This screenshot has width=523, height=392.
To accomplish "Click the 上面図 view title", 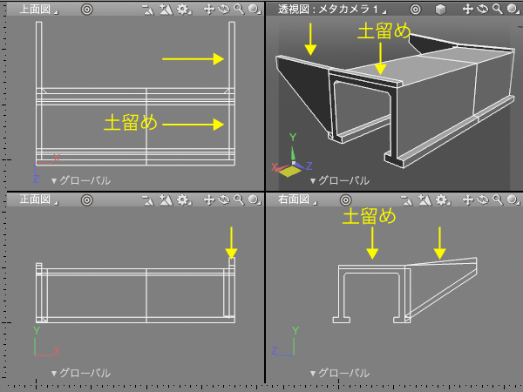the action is click(x=35, y=10).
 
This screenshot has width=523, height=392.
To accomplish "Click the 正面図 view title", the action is click(x=35, y=199).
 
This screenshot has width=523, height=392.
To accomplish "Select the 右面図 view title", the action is click(x=294, y=199).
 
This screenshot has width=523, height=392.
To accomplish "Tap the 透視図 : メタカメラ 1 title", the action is click(x=329, y=10).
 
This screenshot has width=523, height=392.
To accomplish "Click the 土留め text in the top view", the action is click(x=131, y=122).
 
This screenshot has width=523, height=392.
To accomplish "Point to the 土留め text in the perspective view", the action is click(x=384, y=31).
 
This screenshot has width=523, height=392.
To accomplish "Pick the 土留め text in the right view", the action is click(x=370, y=216).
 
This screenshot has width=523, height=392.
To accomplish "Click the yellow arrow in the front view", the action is click(x=231, y=243).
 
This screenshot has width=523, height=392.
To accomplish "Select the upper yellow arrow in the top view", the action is click(x=193, y=59).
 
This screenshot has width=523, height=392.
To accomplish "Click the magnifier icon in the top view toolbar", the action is click(x=239, y=9).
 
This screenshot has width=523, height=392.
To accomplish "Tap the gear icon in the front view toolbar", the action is click(x=183, y=199).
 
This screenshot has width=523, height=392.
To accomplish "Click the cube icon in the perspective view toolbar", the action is click(x=440, y=10).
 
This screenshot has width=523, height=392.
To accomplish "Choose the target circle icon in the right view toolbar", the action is click(x=345, y=200).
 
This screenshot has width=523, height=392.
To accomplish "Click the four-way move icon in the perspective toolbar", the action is click(x=467, y=9).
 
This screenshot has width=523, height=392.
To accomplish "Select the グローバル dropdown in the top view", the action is click(x=81, y=180).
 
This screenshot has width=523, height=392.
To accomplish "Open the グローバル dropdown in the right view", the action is click(x=340, y=373).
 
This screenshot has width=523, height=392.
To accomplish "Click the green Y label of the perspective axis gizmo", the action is click(x=293, y=137).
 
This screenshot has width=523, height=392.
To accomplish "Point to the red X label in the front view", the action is click(x=57, y=350).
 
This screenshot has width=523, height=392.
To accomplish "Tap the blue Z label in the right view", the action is click(x=275, y=350).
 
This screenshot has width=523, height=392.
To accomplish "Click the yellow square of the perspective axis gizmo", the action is click(x=289, y=171).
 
